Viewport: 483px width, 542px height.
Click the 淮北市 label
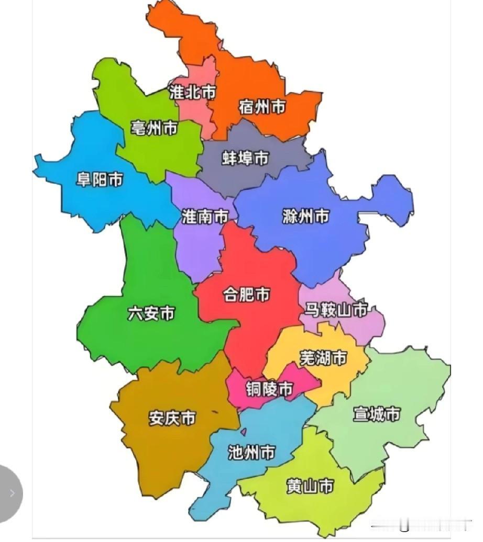(x=192, y=92)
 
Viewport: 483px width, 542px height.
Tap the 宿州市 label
(x=262, y=107)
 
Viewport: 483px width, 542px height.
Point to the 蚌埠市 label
(x=246, y=157)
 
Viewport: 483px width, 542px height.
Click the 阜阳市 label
(x=100, y=180)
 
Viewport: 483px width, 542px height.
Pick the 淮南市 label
(x=205, y=216)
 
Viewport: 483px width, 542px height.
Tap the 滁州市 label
(x=305, y=216)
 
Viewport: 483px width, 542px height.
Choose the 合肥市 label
(x=246, y=295)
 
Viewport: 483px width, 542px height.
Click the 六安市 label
(x=151, y=313)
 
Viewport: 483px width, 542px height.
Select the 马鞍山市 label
(x=336, y=310)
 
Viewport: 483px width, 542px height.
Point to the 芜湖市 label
(x=323, y=358)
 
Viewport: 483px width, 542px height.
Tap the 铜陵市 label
(x=269, y=389)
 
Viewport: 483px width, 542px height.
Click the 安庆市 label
(x=172, y=418)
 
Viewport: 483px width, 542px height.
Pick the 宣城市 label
(x=376, y=414)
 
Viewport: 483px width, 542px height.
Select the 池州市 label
(x=251, y=452)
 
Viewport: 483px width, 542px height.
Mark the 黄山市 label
(x=310, y=486)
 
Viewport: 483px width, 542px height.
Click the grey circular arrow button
(x=10, y=492)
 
